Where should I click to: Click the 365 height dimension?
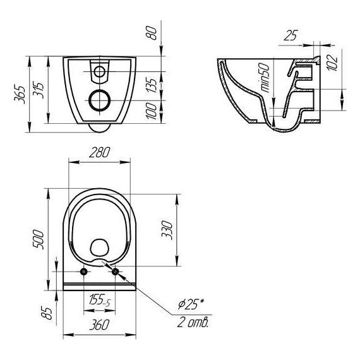[20, 95]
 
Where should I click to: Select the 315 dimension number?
[39, 90]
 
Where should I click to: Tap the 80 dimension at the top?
[152, 33]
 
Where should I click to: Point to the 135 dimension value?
[152, 85]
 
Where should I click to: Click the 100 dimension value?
[152, 111]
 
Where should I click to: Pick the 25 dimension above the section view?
[291, 35]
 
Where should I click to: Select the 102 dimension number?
[332, 63]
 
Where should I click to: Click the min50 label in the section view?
[265, 78]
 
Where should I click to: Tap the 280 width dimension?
[100, 152]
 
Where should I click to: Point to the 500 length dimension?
[38, 239]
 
